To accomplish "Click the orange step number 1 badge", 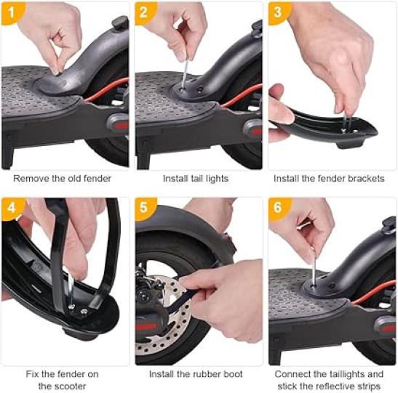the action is [12, 12].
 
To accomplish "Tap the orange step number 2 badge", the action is [144, 12].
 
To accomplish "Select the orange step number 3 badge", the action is [278, 12].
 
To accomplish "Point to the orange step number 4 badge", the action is [12, 208].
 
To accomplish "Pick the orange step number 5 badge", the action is [144, 208].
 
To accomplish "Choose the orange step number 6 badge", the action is [278, 208].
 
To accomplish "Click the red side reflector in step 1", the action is [122, 126].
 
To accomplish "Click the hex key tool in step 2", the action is [186, 74].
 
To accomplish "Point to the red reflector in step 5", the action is [146, 327].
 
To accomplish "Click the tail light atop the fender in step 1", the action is [120, 23].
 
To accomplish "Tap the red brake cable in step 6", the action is [373, 292].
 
